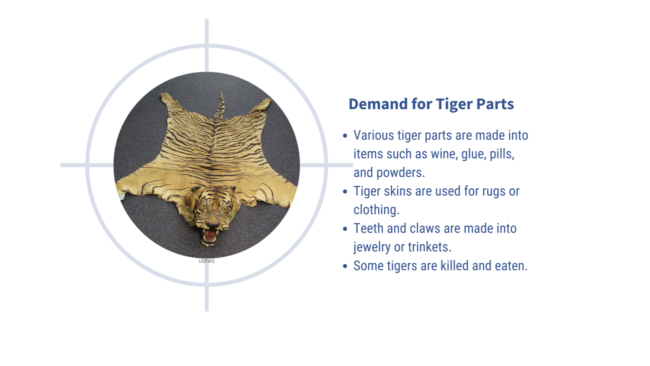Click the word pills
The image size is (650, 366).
tap(502, 154)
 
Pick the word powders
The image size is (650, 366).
tap(400, 173)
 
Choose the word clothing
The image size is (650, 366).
tap(376, 210)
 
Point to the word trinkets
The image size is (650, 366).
tap(429, 247)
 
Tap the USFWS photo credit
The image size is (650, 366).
tap(206, 261)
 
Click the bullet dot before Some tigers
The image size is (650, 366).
tap(344, 266)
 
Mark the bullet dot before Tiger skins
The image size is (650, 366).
tap(344, 191)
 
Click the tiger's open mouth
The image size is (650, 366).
tap(210, 235)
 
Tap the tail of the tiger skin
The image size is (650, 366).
tap(220, 106)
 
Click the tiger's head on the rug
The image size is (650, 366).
tap(213, 215)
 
